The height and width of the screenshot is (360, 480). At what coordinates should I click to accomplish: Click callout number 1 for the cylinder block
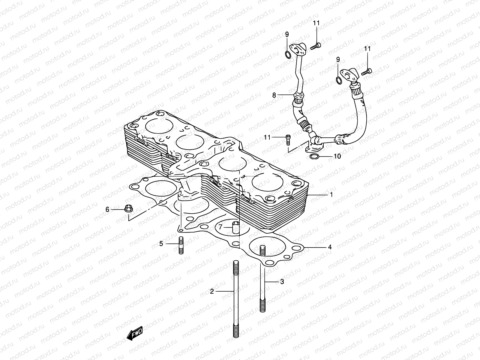331,195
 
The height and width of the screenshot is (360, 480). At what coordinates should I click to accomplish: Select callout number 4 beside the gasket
330,247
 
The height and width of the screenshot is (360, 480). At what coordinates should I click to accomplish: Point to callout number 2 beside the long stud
212,291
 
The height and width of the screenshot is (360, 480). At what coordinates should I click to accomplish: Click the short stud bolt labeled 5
181,245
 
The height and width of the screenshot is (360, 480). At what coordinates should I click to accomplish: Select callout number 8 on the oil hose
274,95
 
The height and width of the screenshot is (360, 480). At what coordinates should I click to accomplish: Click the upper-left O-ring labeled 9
295,55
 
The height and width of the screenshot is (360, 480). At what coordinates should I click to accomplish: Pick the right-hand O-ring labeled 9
338,80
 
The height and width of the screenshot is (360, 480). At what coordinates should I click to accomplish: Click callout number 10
337,157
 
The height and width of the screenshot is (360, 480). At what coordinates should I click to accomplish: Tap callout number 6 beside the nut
107,210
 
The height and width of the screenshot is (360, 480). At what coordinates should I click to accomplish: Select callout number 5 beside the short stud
161,244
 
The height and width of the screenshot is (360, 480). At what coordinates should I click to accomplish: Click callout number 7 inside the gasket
220,227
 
